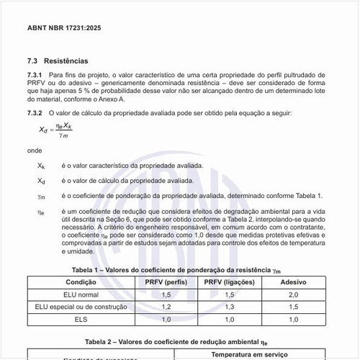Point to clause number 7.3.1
click(x=35, y=75)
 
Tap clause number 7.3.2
click(x=35, y=113)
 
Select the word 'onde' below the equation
click(x=34, y=150)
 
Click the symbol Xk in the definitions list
click(x=41, y=166)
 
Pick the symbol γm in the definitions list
click(x=41, y=195)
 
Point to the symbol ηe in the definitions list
click(x=41, y=212)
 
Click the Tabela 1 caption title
click(x=179, y=269)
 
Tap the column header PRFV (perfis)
click(x=166, y=282)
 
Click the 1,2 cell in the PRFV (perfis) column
click(x=166, y=307)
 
